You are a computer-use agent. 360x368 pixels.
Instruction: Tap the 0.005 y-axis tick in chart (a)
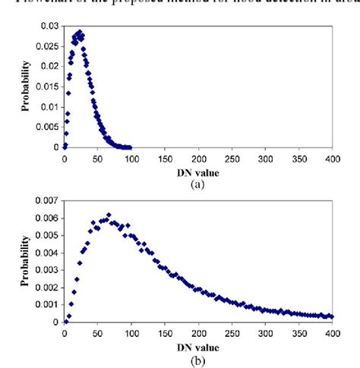click(44, 127)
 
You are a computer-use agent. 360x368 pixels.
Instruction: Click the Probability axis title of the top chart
click(26, 87)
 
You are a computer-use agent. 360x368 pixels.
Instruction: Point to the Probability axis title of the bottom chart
click(26, 259)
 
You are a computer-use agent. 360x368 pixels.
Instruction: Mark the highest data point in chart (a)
click(80, 32)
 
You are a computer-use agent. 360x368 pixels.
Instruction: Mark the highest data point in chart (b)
click(109, 215)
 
